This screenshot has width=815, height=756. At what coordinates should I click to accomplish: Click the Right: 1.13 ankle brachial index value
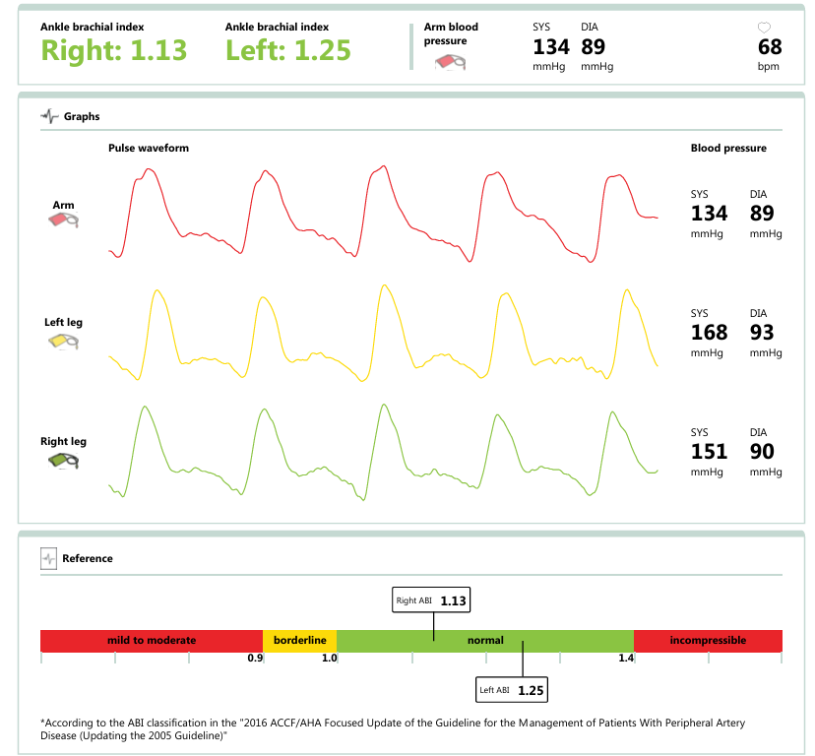(x=113, y=50)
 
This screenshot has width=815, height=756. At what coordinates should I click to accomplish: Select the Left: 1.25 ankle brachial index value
(x=287, y=50)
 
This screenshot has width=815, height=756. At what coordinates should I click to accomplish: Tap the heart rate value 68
(x=770, y=47)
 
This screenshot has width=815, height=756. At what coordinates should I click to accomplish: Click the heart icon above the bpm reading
(x=765, y=28)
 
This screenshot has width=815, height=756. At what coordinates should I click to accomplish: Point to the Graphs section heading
(x=82, y=116)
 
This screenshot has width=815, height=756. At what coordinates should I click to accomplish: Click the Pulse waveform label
(x=149, y=148)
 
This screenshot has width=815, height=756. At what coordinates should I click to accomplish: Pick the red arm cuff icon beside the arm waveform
(x=64, y=221)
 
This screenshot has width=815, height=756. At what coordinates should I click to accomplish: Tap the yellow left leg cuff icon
(x=64, y=342)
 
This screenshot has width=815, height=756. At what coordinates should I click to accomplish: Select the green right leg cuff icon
(x=64, y=460)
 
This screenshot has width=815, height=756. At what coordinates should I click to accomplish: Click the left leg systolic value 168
(x=709, y=333)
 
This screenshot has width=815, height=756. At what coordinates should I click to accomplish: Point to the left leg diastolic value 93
(x=762, y=333)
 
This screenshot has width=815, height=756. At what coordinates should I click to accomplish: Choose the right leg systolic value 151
(x=709, y=452)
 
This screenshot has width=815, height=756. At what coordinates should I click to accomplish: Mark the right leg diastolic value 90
(x=762, y=452)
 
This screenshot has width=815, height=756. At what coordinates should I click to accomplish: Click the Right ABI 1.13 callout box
(x=432, y=600)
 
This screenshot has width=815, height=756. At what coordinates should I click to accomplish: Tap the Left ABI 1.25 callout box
(x=510, y=690)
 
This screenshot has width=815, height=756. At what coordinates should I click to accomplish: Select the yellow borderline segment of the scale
(x=299, y=640)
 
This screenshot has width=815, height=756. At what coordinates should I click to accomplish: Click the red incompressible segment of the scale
(x=708, y=640)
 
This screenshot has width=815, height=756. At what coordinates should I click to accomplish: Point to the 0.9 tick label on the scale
(x=255, y=658)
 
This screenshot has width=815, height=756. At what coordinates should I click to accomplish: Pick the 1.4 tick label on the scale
(x=626, y=658)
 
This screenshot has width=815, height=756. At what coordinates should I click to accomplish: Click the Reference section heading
(x=87, y=558)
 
